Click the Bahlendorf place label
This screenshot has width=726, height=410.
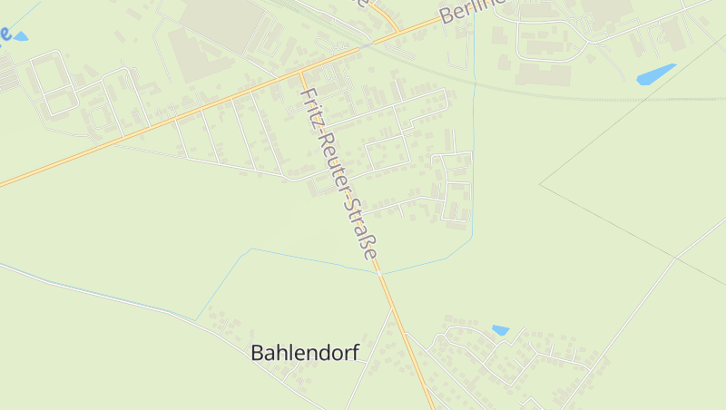(x=304, y=353)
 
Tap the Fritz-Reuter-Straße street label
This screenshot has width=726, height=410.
(x=338, y=173)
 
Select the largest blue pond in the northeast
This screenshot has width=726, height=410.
(x=656, y=74)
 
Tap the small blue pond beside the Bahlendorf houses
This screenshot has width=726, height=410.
(x=500, y=330)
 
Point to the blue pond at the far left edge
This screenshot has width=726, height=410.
(x=19, y=36)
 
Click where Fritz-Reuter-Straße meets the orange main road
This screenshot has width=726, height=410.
(x=301, y=71)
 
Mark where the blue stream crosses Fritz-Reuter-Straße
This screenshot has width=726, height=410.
(x=380, y=272)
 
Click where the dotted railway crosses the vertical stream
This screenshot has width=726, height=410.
(x=474, y=83)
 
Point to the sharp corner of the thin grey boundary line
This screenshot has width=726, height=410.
(x=540, y=184)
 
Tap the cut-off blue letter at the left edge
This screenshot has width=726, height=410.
(x=5, y=34)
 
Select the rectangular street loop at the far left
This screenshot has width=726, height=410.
(x=53, y=83)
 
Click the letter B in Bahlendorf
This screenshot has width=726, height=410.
(x=258, y=353)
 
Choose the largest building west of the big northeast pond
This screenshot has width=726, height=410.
(x=543, y=73)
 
